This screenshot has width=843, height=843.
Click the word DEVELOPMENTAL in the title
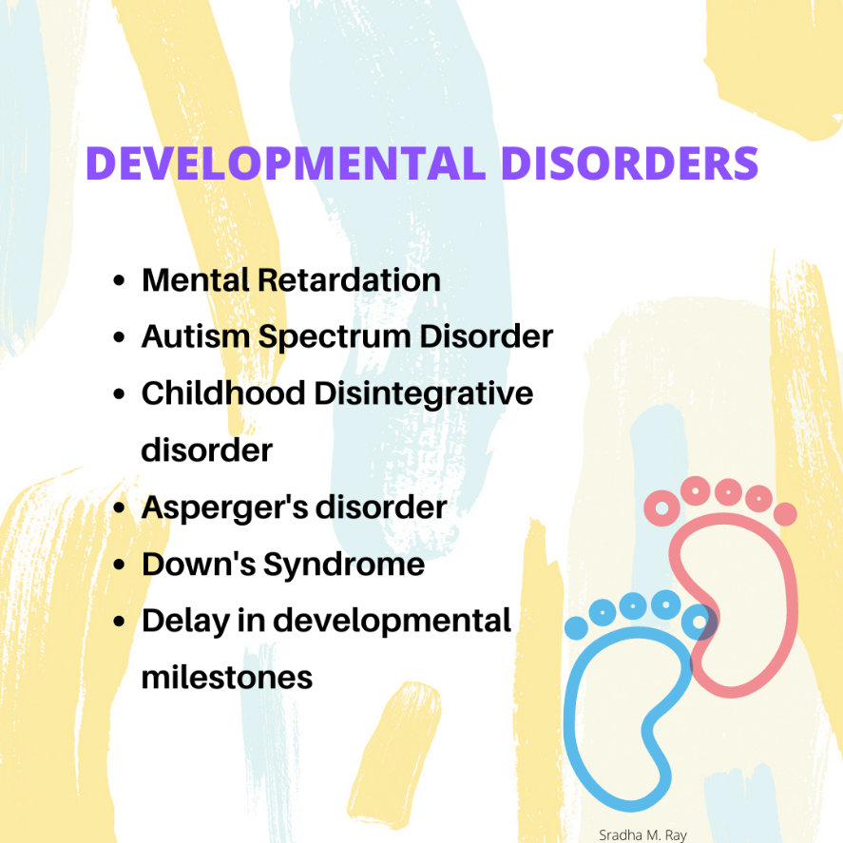[x=286, y=163]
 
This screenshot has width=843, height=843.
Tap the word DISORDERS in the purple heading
[x=629, y=163]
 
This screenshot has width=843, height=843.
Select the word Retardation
[x=349, y=280]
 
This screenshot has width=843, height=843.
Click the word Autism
[x=196, y=336]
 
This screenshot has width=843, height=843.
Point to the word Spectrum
[x=335, y=338]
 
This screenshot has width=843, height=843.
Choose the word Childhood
[x=223, y=393]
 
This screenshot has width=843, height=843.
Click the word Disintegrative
[x=424, y=394]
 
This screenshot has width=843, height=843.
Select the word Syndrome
[x=343, y=565]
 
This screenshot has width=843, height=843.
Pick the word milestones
[x=227, y=678]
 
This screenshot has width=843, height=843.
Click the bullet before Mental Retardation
[x=119, y=280]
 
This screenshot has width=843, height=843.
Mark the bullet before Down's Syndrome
[x=119, y=565]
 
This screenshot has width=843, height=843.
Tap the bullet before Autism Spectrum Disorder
[x=119, y=337]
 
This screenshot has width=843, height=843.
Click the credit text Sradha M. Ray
[x=642, y=835]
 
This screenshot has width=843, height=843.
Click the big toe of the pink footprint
[x=661, y=508]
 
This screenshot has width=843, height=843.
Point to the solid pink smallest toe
[x=785, y=514]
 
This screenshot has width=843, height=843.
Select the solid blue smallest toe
[x=576, y=628]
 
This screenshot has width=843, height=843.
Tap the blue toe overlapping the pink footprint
[x=699, y=623]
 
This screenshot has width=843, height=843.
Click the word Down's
[x=199, y=564]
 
